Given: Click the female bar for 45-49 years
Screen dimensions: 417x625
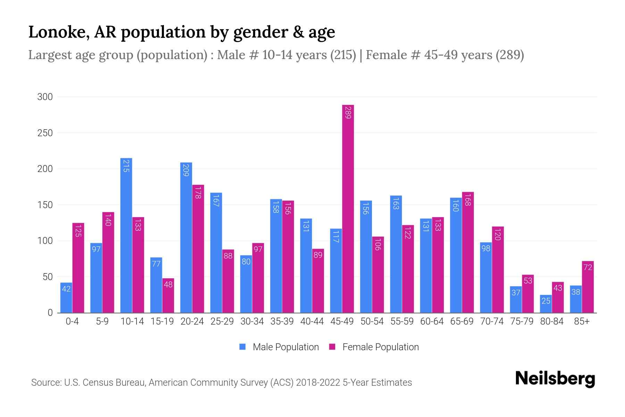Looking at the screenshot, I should point(348,208).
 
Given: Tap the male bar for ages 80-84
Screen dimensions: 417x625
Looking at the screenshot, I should point(546,304).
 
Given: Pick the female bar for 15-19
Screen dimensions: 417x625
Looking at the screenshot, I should point(168,295).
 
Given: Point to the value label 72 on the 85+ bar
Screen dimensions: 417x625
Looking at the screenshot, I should point(587,267).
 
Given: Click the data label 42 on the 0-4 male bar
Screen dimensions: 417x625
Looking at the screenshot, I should point(66,289).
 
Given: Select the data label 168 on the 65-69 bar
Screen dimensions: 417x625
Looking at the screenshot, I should point(468,200).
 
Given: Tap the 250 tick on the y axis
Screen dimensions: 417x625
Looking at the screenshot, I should point(45,133).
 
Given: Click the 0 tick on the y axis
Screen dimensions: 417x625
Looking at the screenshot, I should point(50,313).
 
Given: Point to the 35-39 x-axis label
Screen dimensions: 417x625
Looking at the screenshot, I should point(282,321).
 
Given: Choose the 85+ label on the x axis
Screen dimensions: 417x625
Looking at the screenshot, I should point(582,321).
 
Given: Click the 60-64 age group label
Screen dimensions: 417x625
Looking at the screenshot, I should point(432,321).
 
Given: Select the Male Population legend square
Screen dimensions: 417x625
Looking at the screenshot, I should point(242,347).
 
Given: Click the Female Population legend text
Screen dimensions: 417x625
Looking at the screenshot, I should point(380,347).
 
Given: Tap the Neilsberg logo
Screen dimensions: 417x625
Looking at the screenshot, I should point(555,378).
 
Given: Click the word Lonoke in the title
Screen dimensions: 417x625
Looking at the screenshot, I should point(55,32).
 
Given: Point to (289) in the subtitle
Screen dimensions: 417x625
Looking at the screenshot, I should point(509,55).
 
